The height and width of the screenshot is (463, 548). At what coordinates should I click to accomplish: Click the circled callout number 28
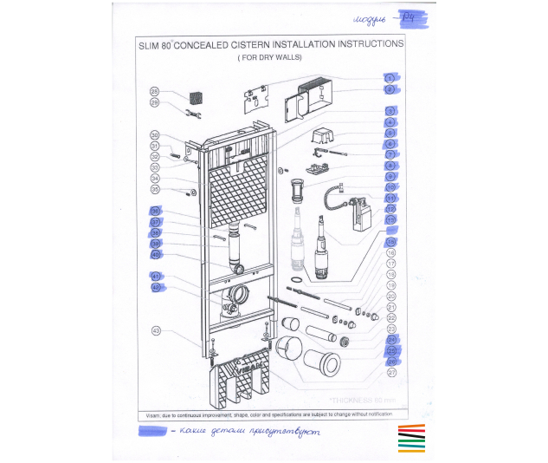coord(154,91)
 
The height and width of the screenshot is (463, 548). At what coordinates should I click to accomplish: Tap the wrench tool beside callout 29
coord(192,113)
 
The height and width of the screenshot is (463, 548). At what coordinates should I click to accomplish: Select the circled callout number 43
coord(157,329)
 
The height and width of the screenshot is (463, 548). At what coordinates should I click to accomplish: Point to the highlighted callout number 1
coord(390,77)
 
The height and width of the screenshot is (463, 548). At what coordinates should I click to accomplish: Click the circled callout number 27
coord(391,373)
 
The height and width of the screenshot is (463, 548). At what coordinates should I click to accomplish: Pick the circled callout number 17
coord(391,263)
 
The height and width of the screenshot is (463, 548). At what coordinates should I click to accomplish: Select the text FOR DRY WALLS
coord(269,57)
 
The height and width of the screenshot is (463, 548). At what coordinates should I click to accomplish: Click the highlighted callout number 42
coord(157,287)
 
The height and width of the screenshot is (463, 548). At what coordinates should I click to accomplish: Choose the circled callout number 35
coord(155,189)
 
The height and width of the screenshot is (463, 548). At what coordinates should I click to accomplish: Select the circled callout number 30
coord(155,135)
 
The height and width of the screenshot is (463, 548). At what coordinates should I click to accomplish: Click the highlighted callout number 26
coord(391,362)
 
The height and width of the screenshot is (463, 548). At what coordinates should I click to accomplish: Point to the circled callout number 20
coord(391,296)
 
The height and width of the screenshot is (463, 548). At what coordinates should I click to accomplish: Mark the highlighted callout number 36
coord(156,211)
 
